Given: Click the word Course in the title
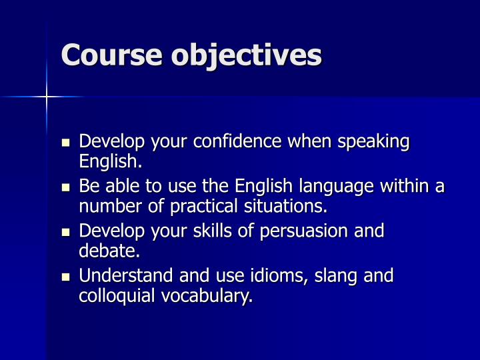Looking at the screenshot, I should coord(112,55).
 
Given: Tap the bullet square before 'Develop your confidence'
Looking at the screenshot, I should coord(65,143).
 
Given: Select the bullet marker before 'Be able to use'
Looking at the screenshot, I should coord(65,187).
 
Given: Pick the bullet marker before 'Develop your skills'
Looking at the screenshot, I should coord(65,232).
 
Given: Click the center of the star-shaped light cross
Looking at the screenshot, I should coord(47,97).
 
